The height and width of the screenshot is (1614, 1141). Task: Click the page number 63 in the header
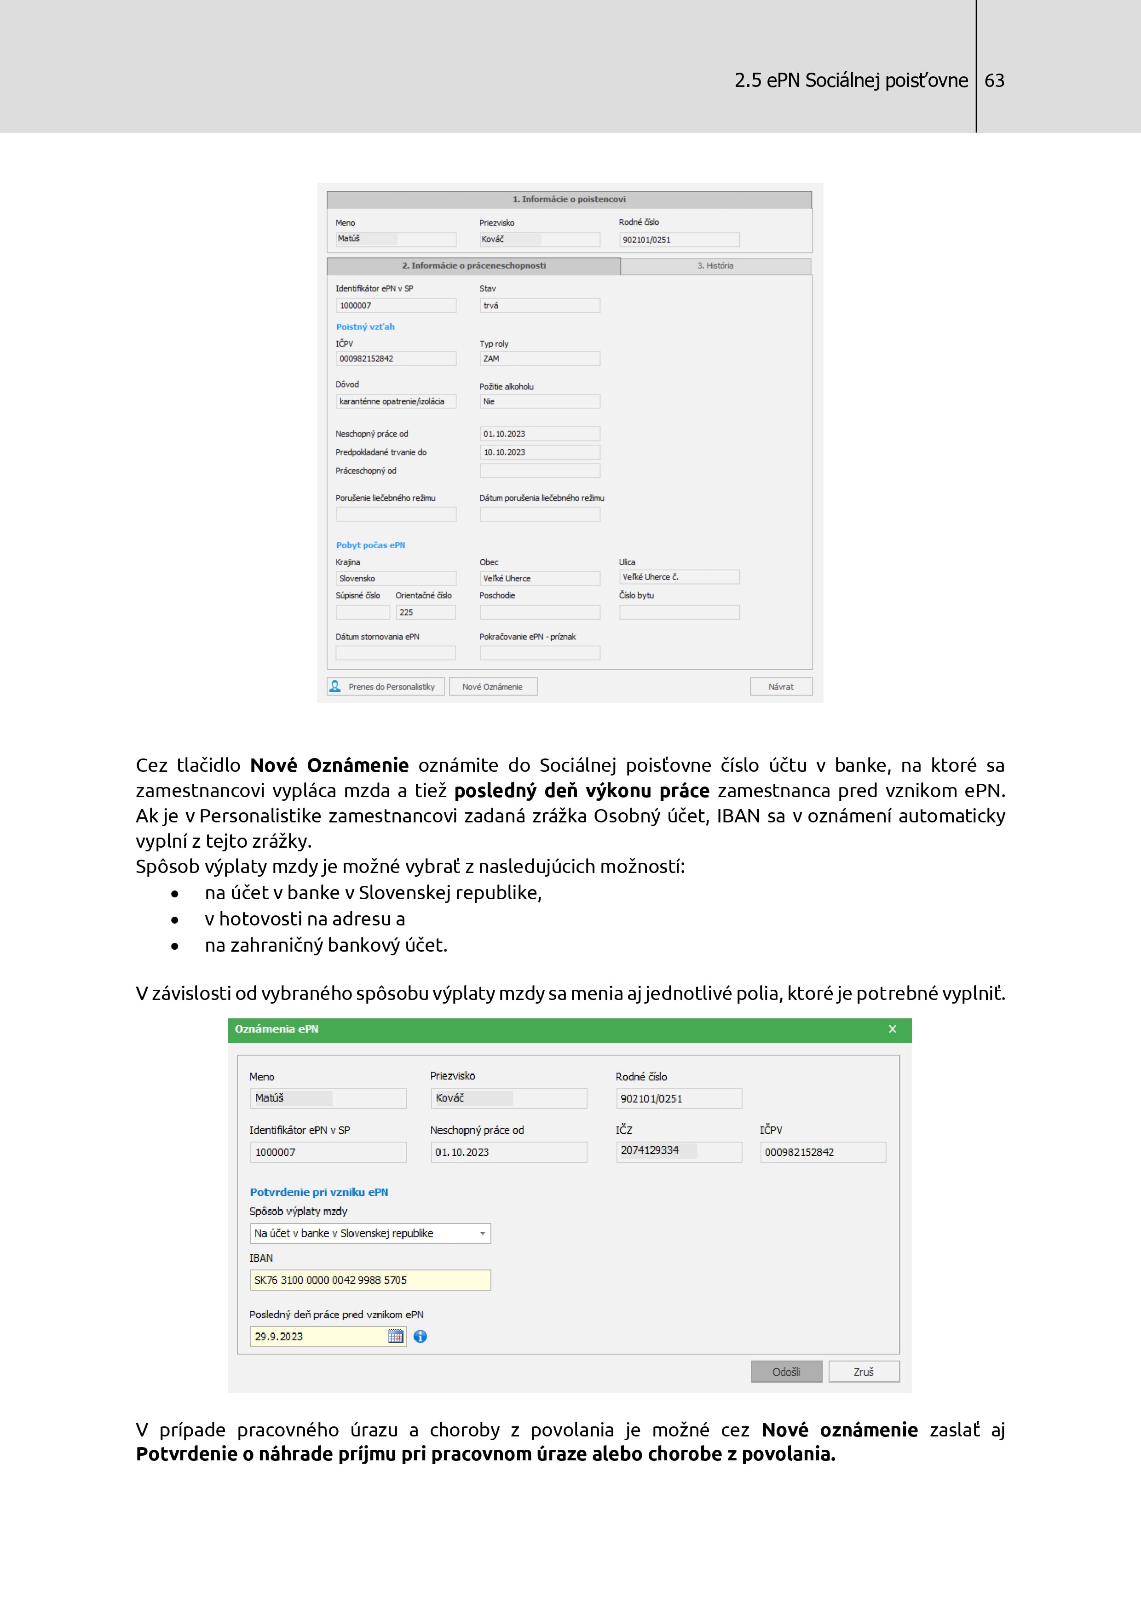click(x=994, y=81)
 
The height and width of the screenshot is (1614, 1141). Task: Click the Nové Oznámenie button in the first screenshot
click(x=492, y=687)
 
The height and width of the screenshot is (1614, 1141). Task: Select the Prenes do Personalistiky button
click(x=385, y=687)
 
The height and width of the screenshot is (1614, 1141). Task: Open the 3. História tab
click(x=715, y=266)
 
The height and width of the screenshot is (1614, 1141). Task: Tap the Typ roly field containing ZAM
click(x=539, y=358)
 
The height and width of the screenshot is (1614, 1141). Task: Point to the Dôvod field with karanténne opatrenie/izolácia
click(x=396, y=402)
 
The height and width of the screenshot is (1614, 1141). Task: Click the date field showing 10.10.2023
click(x=539, y=452)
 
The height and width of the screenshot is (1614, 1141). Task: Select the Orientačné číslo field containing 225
click(x=425, y=612)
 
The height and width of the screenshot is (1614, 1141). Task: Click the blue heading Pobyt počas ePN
click(x=370, y=545)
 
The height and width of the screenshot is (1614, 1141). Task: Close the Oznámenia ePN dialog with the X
click(x=892, y=1029)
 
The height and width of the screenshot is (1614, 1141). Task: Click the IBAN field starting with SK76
click(x=370, y=1280)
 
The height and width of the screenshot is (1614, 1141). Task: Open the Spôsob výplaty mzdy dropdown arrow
click(x=482, y=1234)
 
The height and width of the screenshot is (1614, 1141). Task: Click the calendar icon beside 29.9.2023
click(x=396, y=1336)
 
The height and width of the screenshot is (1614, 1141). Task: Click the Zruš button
click(x=863, y=1372)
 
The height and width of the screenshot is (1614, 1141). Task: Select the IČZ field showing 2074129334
click(x=679, y=1151)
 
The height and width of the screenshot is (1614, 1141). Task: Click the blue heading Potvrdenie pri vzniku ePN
click(x=319, y=1192)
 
